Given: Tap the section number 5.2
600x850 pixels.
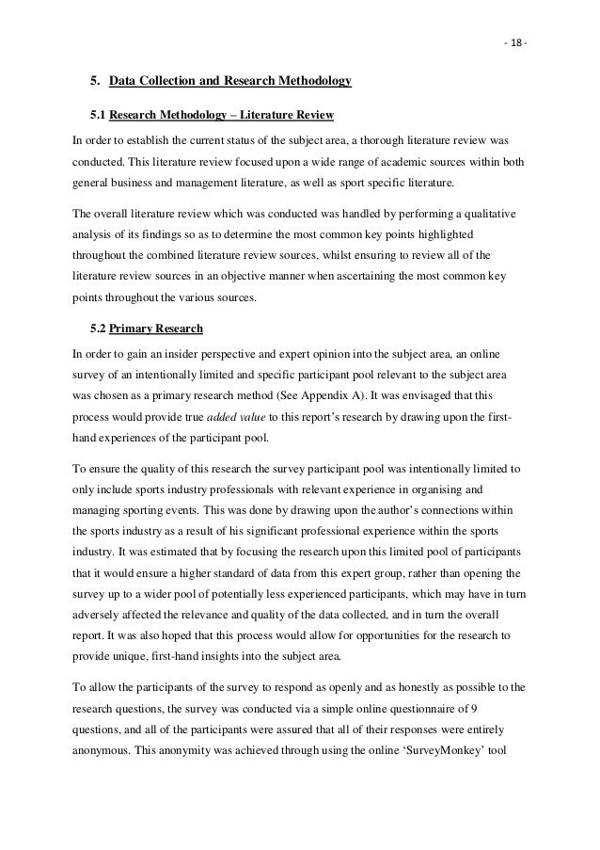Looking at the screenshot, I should [x=97, y=329].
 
